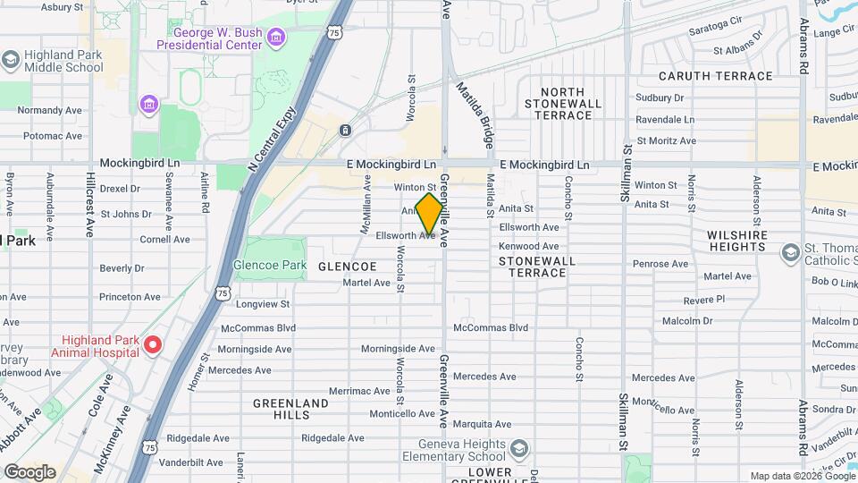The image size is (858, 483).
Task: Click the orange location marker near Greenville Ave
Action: [429, 214]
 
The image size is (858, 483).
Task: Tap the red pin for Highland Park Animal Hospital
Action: [152, 344]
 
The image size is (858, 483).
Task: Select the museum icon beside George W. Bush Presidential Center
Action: [276, 37]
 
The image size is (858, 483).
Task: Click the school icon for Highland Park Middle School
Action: [11, 60]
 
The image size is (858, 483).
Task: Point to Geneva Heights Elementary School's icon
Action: [519, 448]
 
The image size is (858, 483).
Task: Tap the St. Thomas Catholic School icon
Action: [789, 254]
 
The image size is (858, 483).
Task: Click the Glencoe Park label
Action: [269, 266]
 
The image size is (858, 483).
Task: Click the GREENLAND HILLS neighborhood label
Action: [290, 410]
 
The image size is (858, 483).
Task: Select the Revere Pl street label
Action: [703, 300]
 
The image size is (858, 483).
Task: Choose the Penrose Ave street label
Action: [660, 264]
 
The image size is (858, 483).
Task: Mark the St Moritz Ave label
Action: [666, 140]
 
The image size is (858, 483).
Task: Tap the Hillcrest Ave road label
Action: [89, 205]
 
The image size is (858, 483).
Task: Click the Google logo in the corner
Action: [29, 471]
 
